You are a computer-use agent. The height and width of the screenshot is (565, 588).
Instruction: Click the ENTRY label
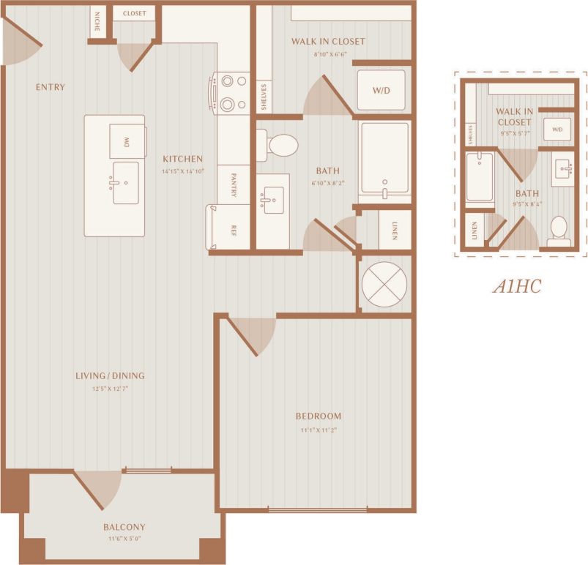pyautogui.click(x=51, y=87)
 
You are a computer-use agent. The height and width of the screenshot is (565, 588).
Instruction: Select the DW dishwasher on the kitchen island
pyautogui.click(x=127, y=141)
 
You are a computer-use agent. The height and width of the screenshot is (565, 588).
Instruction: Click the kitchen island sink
pyautogui.click(x=124, y=183)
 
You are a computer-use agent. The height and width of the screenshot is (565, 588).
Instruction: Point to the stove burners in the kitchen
pyautogui.click(x=233, y=92)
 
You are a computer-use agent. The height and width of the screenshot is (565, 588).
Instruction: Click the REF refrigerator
pyautogui.click(x=231, y=227)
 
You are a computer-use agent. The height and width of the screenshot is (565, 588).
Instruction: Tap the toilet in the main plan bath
pyautogui.click(x=278, y=145)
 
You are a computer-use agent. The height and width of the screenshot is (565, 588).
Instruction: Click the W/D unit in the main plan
pyautogui.click(x=381, y=91)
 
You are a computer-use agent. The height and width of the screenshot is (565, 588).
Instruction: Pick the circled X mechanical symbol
pyautogui.click(x=384, y=282)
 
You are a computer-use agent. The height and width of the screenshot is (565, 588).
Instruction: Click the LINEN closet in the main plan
pyautogui.click(x=393, y=230)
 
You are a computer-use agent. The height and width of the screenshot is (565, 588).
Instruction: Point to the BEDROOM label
pyautogui.click(x=319, y=416)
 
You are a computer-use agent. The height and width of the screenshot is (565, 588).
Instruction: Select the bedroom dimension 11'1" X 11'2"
pyautogui.click(x=319, y=430)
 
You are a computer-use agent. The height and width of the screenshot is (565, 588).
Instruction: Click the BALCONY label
pyautogui.click(x=124, y=527)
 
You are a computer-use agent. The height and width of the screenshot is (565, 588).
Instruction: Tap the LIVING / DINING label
pyautogui.click(x=110, y=376)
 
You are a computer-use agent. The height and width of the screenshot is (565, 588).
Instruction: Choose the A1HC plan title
pyautogui.click(x=516, y=286)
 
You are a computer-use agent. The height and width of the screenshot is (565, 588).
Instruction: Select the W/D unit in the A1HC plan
pyautogui.click(x=557, y=130)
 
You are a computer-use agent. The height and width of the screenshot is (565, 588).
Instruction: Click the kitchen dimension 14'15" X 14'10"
pyautogui.click(x=182, y=171)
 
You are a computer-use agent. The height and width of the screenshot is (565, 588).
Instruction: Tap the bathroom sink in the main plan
pyautogui.click(x=272, y=199)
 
